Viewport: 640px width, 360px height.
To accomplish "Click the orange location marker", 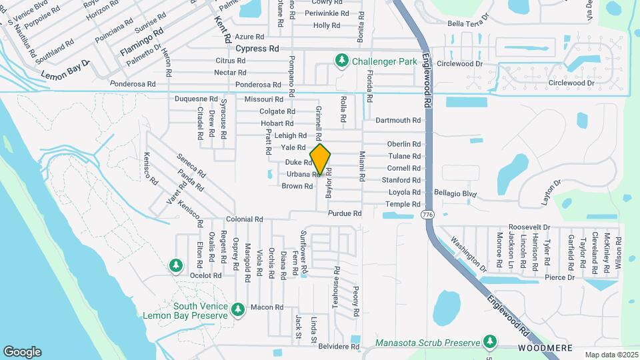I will pos(321,160).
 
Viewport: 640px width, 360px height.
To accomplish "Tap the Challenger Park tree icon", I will pos(342,61).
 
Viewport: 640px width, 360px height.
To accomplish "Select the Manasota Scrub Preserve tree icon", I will pos(491,343).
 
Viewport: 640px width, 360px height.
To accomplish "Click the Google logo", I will pos(22,352).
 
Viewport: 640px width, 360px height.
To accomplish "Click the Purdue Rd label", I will pos(345,213).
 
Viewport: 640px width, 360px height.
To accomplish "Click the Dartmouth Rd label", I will pos(398,121).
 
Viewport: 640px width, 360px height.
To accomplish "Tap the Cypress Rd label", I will pos(257,49).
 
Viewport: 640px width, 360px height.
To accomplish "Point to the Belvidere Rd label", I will pos(339,347).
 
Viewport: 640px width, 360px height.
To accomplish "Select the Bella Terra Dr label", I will pos(469,23).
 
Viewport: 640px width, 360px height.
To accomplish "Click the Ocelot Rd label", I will pos(205,275).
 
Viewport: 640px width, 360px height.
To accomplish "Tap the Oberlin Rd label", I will pos(404,144).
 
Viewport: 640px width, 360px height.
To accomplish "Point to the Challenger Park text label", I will pos(385,61).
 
